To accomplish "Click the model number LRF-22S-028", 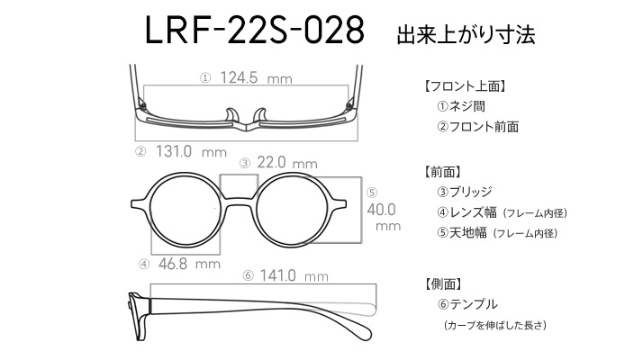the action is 255,31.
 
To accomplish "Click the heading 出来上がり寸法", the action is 466,35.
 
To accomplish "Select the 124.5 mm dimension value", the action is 256,77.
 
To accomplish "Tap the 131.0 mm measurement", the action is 191,152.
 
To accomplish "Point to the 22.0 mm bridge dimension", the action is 287,163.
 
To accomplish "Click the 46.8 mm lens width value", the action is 189,264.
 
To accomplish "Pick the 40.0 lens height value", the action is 381,210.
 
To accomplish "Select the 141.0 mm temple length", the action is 294,275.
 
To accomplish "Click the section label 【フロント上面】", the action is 464,86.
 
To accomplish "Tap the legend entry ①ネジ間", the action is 461,106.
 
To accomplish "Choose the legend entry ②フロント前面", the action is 477,126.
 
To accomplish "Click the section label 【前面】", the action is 442,171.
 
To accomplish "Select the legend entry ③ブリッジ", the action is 464,192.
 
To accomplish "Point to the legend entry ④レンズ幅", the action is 466,212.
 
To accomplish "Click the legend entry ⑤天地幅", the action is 462,233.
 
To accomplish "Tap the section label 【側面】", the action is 443,283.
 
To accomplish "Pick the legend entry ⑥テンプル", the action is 467,304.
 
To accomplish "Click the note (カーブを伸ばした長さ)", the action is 495,325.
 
